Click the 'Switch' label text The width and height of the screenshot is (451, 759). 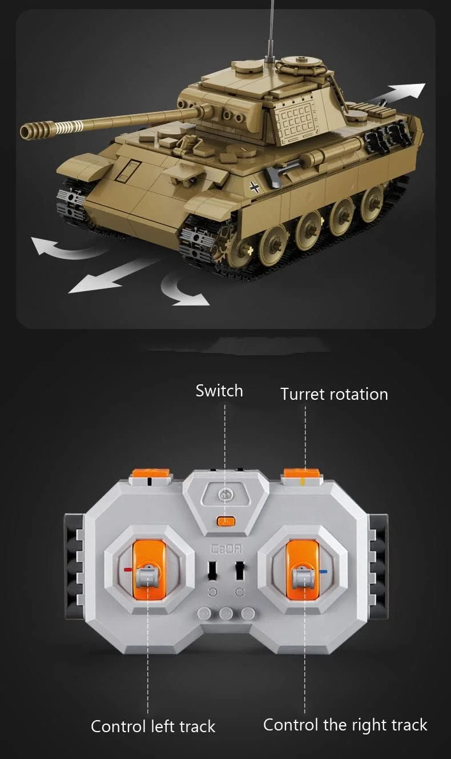tap(219, 391)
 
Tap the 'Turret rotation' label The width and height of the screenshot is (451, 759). tap(334, 394)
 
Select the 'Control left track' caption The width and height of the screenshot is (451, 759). tap(153, 726)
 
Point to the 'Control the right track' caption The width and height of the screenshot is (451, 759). tap(345, 725)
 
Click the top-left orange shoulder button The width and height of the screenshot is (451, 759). tap(151, 473)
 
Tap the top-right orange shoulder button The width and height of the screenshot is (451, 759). tap(301, 473)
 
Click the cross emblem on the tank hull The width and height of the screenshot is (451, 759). tap(254, 187)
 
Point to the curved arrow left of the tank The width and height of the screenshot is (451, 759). tap(65, 248)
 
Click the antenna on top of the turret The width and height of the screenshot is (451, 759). tap(271, 30)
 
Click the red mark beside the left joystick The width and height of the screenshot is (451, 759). tap(128, 569)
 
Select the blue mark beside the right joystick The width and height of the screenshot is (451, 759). tap(323, 572)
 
